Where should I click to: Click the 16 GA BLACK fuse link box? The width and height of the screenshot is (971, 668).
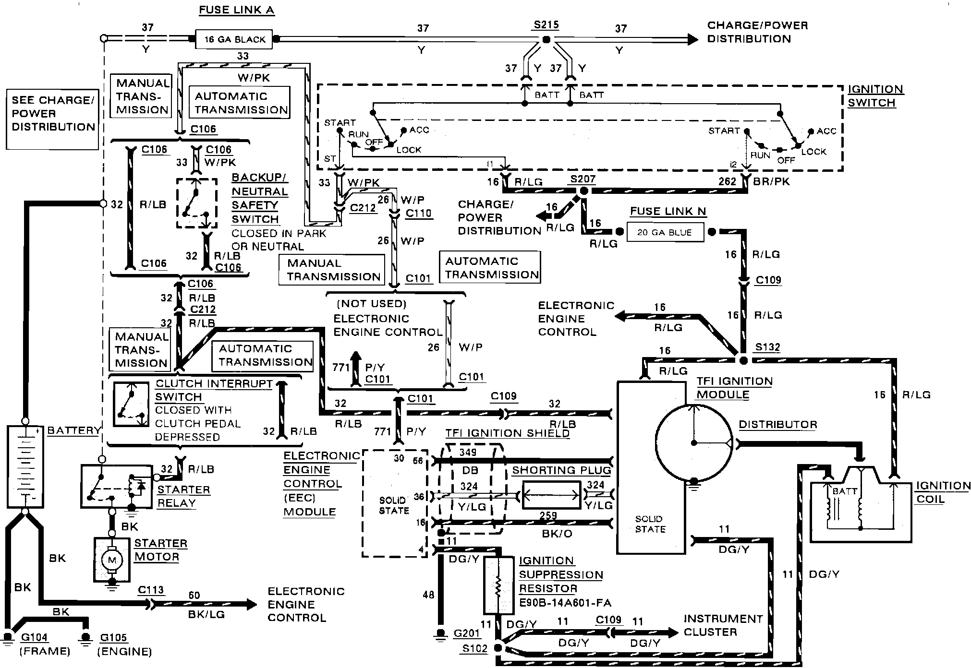pos(234,39)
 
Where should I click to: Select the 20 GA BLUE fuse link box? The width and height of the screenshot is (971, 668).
pos(665,232)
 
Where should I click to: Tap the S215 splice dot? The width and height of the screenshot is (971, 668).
pos(546,39)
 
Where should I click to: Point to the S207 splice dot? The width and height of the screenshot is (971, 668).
pos(583,191)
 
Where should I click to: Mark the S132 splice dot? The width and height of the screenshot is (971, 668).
pos(743,360)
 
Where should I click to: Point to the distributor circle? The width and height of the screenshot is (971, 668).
pos(693,442)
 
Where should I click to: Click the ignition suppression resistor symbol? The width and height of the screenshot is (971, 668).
pos(498,585)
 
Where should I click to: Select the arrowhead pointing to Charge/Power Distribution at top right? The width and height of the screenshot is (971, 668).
pos(692,39)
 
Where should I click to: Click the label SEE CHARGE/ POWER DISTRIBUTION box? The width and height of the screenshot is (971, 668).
pos(53,119)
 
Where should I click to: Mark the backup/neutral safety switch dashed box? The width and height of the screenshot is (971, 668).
pos(196,203)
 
